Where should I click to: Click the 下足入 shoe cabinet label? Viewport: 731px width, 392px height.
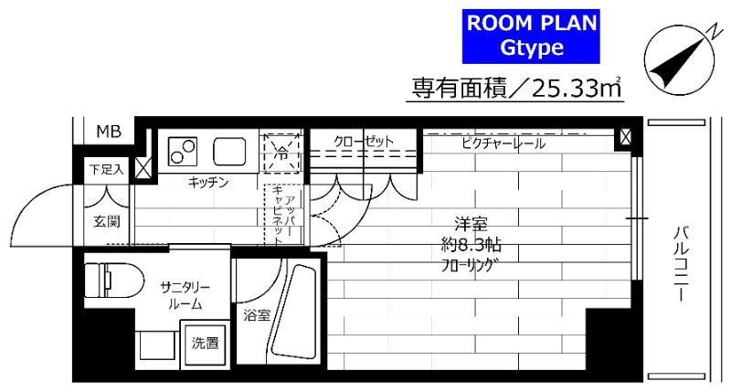coord(106,169)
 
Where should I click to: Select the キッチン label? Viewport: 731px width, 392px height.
coord(207,183)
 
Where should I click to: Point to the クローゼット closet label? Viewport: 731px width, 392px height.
coord(363,142)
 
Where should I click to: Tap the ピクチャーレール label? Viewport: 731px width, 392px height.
coord(497,143)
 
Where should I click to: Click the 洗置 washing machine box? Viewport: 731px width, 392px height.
coord(204,344)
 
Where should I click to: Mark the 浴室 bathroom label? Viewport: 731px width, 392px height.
coord(256,315)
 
